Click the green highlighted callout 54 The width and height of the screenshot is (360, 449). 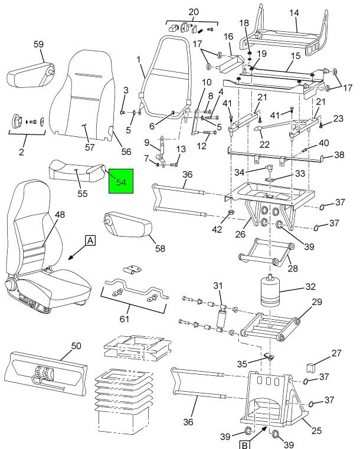(121, 182)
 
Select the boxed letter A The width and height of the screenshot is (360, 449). (90, 240)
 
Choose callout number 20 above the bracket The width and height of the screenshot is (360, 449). (194, 12)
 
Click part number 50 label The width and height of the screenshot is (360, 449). (76, 344)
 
